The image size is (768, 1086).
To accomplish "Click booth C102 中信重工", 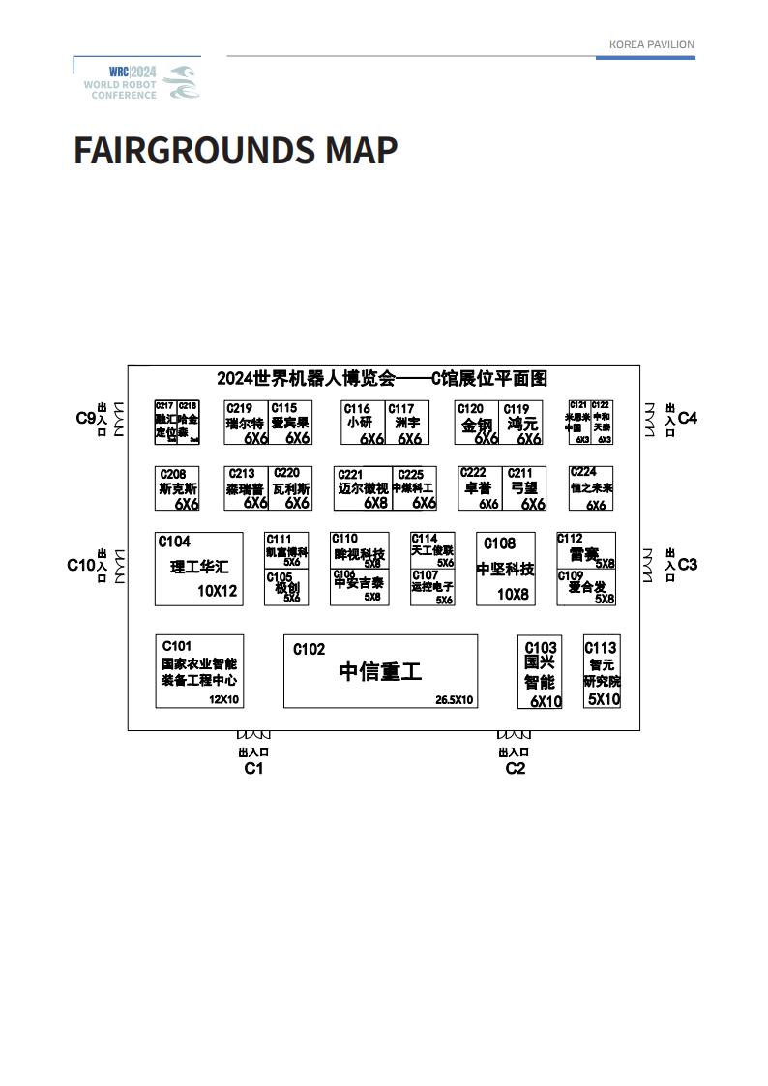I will tap(380, 671).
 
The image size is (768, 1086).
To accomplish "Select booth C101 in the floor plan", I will tap(199, 671).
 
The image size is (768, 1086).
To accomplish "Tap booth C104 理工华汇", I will tap(199, 569).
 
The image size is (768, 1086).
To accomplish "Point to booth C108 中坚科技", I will tap(505, 569).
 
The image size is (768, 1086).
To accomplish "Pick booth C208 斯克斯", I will tap(177, 488).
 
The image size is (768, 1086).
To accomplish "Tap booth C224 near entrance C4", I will tap(591, 488).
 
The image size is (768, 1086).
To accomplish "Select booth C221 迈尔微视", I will tap(362, 488).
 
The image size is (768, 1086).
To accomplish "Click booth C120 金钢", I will tap(477, 423).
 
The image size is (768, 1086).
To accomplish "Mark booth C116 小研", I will tap(363, 423).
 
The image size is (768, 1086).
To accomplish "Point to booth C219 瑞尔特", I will tap(245, 423).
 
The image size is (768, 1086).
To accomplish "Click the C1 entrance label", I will tap(253, 768).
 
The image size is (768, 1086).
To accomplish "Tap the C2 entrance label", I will tap(515, 768).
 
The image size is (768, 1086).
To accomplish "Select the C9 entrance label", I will tap(85, 419).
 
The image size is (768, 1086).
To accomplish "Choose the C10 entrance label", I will tap(80, 565).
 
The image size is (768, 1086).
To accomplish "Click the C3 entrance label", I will tap(687, 564).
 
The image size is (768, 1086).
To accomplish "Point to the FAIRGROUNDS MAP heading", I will tap(235, 151).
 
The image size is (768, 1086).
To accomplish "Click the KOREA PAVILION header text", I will tap(651, 44).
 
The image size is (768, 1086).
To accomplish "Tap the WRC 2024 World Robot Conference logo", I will tap(141, 82).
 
